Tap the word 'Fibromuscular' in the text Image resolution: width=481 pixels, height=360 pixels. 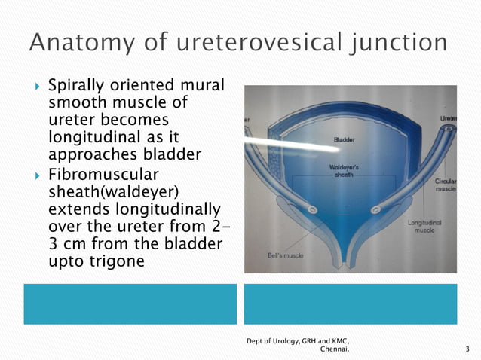coord(102,173)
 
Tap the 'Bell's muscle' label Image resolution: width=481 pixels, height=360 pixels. coord(285,255)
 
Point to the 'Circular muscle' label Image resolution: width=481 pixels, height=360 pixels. coord(445,185)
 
